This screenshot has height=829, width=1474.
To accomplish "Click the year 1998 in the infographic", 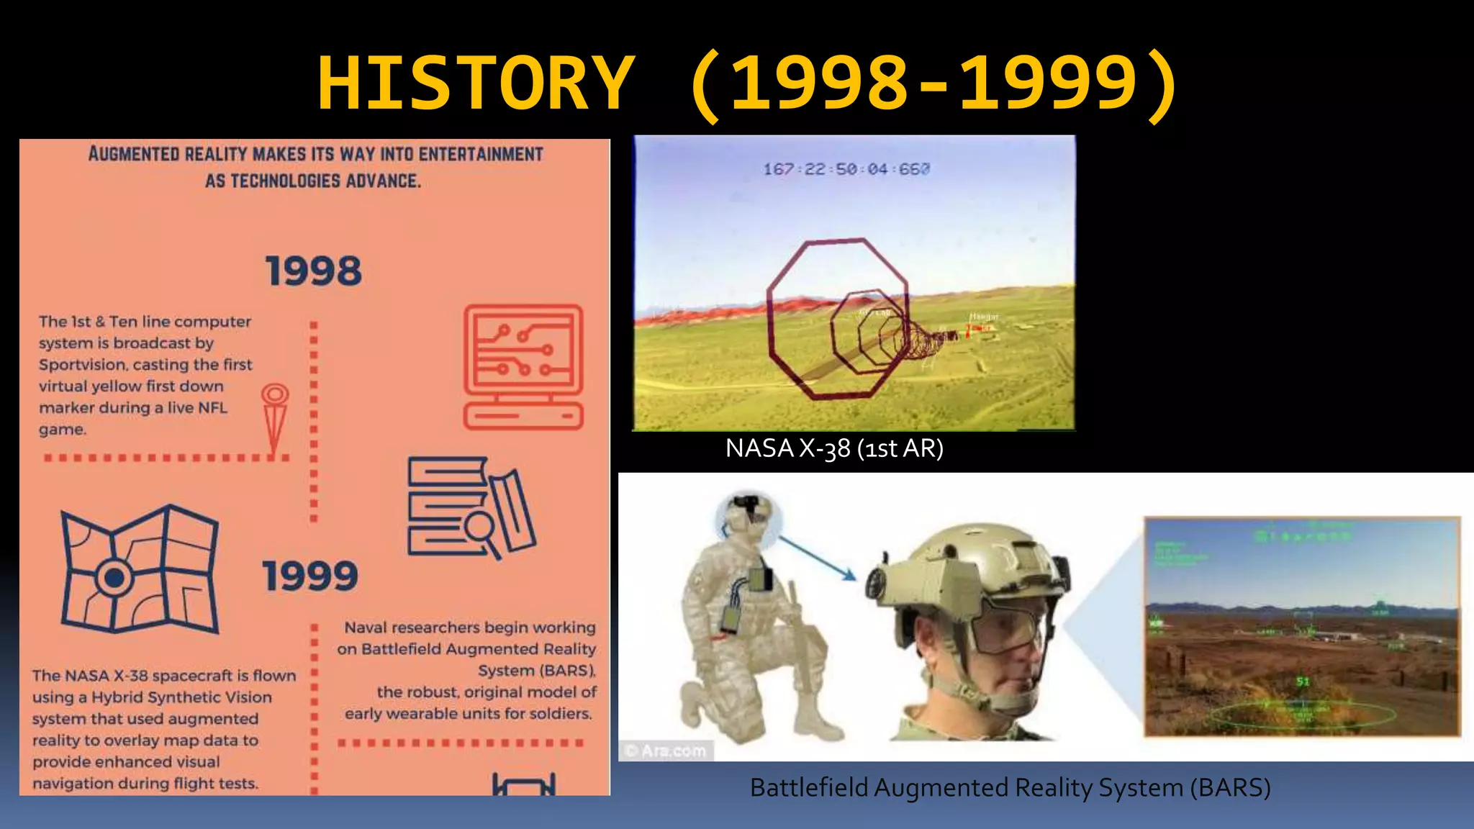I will [x=314, y=271].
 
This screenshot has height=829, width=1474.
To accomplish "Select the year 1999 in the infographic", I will [x=310, y=576].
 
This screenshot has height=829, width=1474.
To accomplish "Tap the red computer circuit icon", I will [x=523, y=366].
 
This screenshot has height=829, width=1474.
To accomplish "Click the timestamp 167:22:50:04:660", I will [x=846, y=169].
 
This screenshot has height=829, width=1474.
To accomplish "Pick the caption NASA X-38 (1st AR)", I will [x=834, y=448].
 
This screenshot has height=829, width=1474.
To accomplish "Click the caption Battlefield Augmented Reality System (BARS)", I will [x=1010, y=788].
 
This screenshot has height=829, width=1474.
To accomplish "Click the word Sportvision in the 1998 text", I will [x=82, y=365].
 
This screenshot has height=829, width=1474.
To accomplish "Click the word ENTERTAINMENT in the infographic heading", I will [x=481, y=154].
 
